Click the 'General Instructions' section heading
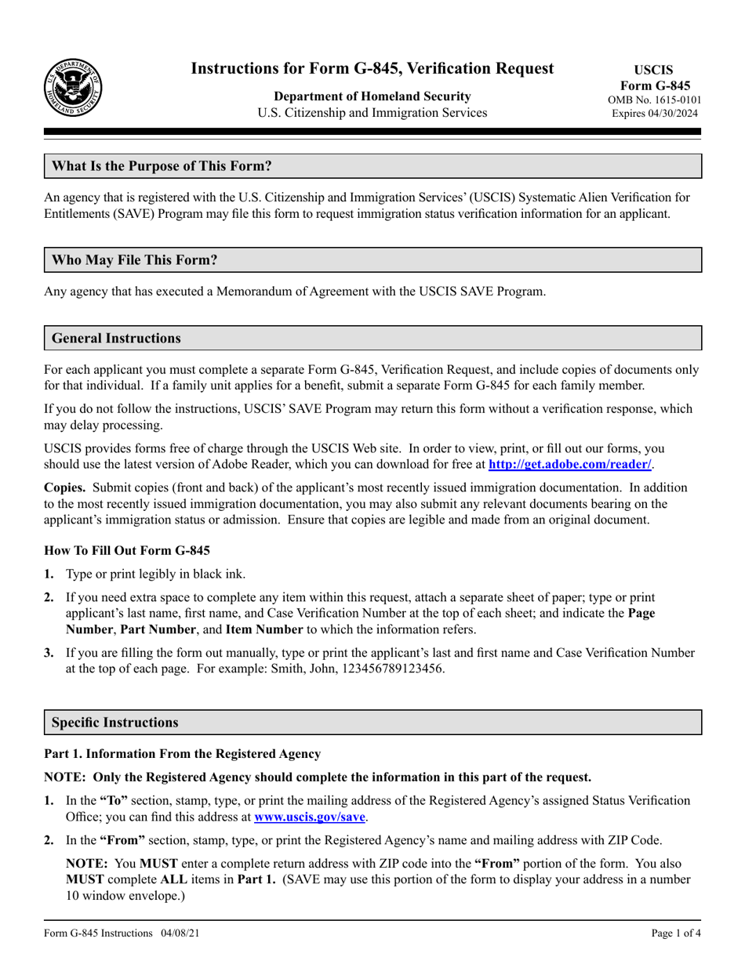[x=116, y=339]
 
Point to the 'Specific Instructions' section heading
[x=114, y=722]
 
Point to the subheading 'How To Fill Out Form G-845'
[x=121, y=550]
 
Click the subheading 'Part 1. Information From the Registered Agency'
[x=182, y=754]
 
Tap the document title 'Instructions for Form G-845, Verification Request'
[x=372, y=69]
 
